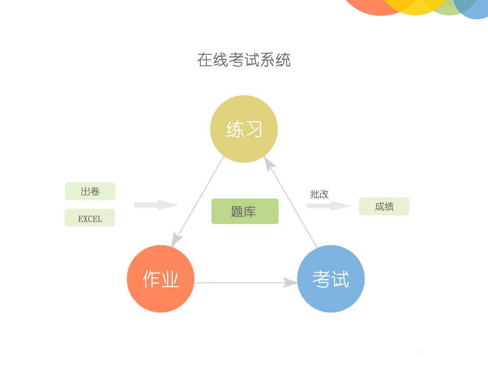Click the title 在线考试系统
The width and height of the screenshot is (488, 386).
pyautogui.click(x=244, y=60)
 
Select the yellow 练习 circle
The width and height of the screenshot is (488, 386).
pyautogui.click(x=244, y=129)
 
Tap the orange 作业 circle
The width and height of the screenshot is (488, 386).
pyautogui.click(x=161, y=279)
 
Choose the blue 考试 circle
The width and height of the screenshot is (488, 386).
pyautogui.click(x=331, y=279)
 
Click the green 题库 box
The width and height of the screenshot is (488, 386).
pyautogui.click(x=245, y=211)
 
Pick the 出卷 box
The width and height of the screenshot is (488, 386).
pyautogui.click(x=90, y=191)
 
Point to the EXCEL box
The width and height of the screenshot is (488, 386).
pyautogui.click(x=90, y=218)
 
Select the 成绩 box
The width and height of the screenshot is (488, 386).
pyautogui.click(x=384, y=207)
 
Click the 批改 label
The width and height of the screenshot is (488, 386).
pyautogui.click(x=320, y=195)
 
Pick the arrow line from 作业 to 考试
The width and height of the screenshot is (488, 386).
pyautogui.click(x=239, y=282)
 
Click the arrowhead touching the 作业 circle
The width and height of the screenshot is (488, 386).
pyautogui.click(x=176, y=239)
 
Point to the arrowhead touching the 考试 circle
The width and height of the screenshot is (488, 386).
pyautogui.click(x=290, y=282)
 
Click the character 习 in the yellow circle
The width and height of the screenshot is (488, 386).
pyautogui.click(x=253, y=130)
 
